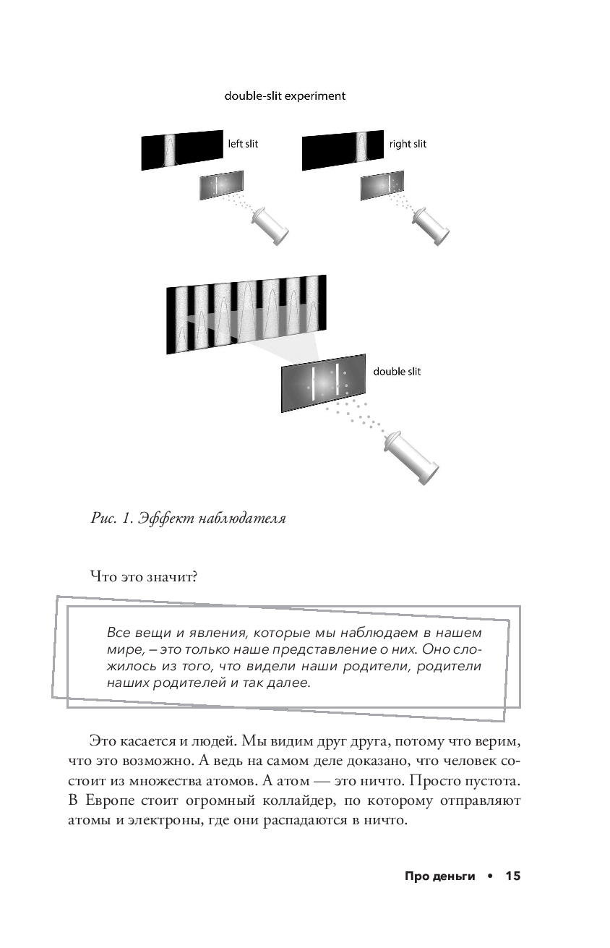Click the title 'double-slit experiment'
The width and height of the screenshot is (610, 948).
[x=284, y=95]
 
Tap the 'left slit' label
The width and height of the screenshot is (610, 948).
[x=243, y=143]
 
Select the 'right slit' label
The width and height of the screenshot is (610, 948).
[x=408, y=143]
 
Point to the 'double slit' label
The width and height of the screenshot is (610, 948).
[x=396, y=372]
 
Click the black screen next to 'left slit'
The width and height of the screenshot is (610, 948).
[x=181, y=150]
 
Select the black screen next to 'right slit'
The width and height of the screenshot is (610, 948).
[x=343, y=150]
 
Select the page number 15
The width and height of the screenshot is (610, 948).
[x=512, y=876]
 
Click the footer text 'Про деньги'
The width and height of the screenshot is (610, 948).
[x=439, y=876]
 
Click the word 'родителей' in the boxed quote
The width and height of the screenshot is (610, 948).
[x=188, y=682]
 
